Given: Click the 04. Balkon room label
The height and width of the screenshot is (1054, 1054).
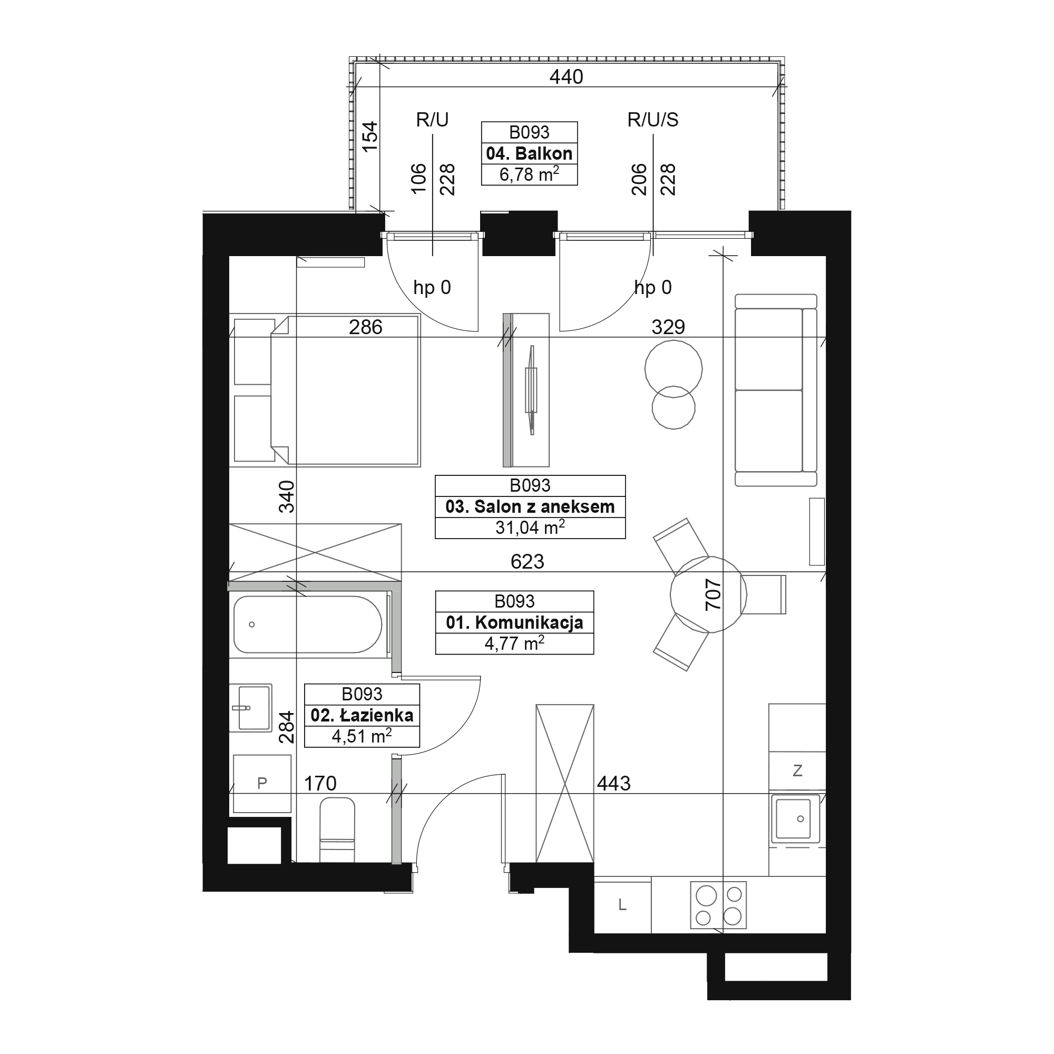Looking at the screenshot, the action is [529, 153].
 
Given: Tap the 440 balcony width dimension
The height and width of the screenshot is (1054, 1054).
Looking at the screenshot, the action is [567, 77].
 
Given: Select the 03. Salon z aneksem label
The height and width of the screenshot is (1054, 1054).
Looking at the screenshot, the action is [530, 507].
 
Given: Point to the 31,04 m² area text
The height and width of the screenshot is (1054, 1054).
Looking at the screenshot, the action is [530, 527].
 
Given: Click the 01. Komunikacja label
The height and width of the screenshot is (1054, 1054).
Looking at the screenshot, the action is [514, 622].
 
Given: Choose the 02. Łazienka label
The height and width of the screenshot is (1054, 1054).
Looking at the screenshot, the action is [362, 715].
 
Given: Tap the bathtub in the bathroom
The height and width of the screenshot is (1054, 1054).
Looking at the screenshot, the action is [308, 624].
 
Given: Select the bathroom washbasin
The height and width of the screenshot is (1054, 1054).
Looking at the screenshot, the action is [250, 708].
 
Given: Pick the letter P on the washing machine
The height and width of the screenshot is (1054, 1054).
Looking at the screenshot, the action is [262, 784].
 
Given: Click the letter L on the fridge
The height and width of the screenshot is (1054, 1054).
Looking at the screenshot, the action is [622, 905].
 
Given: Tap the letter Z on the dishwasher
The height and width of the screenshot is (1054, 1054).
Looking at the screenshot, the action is [797, 770].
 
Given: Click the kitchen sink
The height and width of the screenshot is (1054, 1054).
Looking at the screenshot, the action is [795, 819].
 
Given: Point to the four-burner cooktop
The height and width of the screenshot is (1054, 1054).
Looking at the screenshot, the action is [718, 905].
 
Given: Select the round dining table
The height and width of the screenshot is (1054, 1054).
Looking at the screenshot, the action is [708, 594].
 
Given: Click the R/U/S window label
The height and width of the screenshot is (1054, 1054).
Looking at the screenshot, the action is [652, 120].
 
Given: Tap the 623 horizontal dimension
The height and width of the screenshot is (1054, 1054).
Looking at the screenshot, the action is [527, 561].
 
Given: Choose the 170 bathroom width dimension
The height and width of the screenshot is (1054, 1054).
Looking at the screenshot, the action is [320, 784].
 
